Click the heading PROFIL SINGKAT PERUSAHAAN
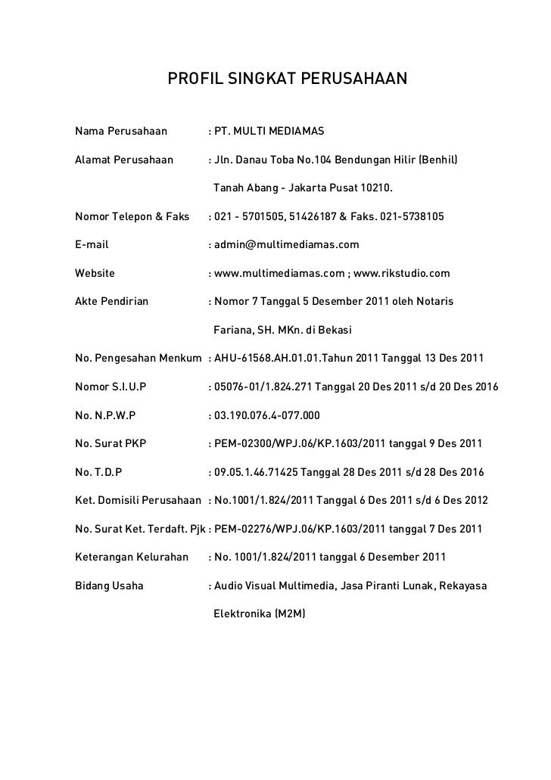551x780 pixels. click(287, 79)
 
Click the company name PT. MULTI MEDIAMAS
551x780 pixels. click(269, 132)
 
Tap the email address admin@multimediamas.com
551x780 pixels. click(287, 245)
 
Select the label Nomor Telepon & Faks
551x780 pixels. click(132, 217)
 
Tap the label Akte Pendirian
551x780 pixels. click(112, 301)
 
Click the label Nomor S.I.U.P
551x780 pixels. click(111, 387)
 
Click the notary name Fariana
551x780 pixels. click(235, 330)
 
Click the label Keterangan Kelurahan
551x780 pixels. click(132, 557)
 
